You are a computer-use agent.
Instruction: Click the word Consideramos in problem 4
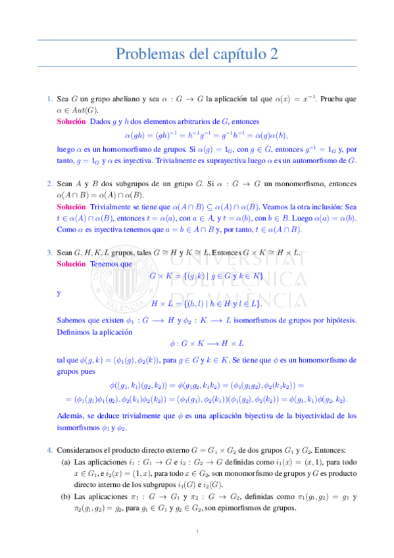[x=81, y=449]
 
